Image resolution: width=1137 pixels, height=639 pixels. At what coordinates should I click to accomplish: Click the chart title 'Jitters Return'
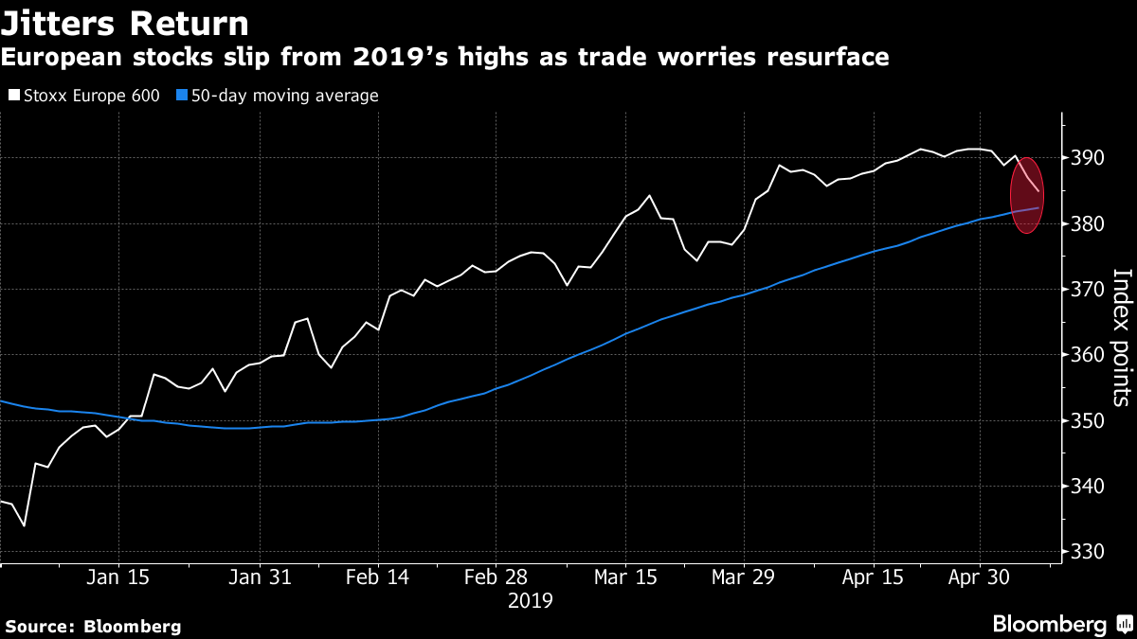[125, 24]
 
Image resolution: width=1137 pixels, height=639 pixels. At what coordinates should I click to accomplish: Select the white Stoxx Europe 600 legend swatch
[14, 96]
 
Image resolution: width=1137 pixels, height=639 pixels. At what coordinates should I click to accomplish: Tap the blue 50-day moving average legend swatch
[182, 96]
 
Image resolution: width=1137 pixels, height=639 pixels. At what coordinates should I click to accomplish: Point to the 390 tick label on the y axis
[1088, 158]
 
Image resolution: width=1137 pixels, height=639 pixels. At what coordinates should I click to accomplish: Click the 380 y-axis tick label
[1088, 223]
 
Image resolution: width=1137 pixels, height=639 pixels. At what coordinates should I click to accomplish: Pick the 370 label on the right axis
[1088, 290]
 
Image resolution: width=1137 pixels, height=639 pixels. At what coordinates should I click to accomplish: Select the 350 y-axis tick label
[1088, 421]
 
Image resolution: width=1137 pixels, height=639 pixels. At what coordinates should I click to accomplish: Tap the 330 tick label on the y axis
[1088, 552]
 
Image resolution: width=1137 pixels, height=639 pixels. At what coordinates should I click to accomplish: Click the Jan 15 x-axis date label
[117, 577]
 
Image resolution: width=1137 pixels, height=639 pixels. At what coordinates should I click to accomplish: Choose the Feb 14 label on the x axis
[378, 577]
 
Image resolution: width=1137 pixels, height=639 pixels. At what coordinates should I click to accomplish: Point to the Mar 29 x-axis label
[743, 577]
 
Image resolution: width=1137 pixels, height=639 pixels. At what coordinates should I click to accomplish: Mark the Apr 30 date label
[979, 577]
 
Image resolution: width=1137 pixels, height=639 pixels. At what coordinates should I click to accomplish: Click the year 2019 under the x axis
[531, 601]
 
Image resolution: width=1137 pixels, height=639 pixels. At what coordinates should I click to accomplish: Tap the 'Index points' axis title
[1122, 338]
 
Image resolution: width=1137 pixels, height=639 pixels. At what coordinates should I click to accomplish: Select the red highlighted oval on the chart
[1027, 195]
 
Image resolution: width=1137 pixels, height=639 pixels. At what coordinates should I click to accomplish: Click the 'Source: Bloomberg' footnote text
[93, 627]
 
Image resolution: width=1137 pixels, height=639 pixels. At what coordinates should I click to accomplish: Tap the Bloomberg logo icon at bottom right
[1125, 624]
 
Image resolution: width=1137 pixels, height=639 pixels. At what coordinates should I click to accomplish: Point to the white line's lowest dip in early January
[24, 526]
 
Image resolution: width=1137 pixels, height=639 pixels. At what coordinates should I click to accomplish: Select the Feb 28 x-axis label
[496, 577]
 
